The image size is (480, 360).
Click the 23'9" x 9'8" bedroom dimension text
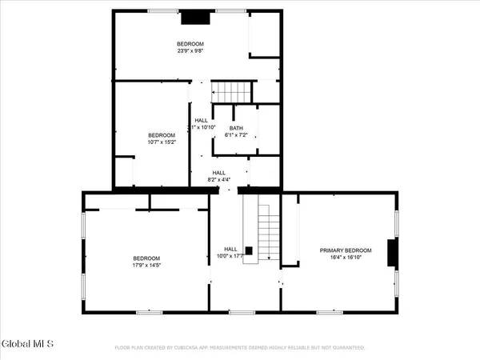[190, 50]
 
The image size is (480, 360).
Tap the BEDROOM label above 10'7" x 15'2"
[161, 135]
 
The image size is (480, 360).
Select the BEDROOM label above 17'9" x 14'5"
[146, 258]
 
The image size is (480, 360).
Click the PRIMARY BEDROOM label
[342, 250]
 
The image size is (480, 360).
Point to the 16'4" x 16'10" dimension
[342, 258]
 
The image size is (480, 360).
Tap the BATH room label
[236, 128]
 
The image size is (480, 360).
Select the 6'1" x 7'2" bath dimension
[236, 136]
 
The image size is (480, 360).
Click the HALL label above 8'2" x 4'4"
[218, 173]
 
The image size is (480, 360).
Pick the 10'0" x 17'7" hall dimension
[231, 257]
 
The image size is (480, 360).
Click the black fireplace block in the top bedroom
[193, 17]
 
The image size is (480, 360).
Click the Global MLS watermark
[27, 344]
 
